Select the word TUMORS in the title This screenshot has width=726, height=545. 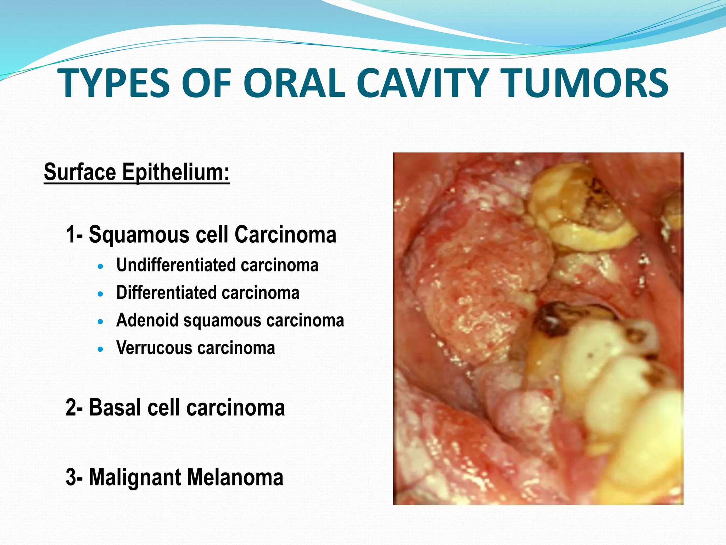pos(585,84)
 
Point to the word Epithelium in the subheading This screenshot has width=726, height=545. pos(176,173)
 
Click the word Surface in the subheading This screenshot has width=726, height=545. pos(80,172)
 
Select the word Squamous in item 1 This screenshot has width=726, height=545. pos(139,235)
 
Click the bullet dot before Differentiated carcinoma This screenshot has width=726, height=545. pos(101,294)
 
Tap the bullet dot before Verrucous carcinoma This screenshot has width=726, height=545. pos(101,349)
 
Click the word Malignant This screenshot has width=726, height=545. pos(135,478)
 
